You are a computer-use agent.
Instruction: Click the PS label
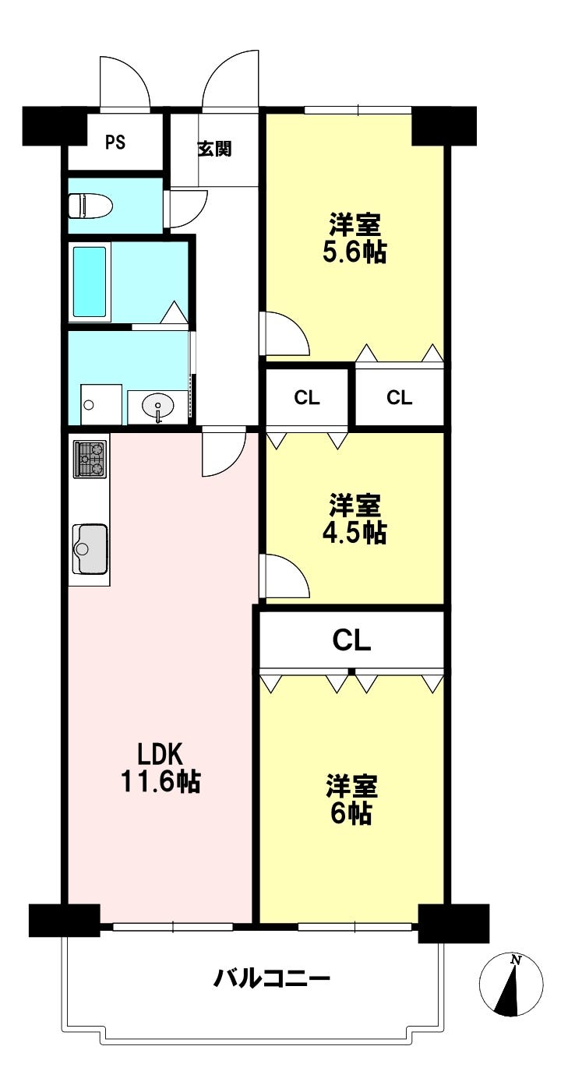point(115,142)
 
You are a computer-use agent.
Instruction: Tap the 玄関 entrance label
point(214,148)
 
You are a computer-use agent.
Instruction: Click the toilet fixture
point(91,206)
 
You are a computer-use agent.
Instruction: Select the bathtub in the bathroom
point(90,282)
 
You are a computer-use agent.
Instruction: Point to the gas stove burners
point(90,459)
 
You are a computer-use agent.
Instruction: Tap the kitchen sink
point(90,549)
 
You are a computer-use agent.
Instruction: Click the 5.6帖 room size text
point(355,252)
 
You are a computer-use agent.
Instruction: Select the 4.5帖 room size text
point(355,533)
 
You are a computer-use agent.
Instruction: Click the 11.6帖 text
point(160,783)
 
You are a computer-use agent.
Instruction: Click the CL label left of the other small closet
point(307,398)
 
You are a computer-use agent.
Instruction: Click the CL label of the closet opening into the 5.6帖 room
point(400,398)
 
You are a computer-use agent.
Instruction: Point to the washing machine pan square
point(101,404)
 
